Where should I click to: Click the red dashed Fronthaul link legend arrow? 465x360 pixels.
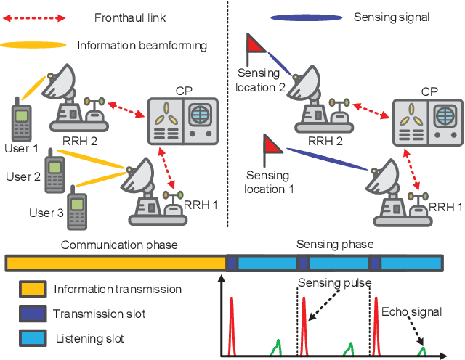(33, 15)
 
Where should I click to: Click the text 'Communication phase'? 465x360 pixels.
(119, 245)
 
